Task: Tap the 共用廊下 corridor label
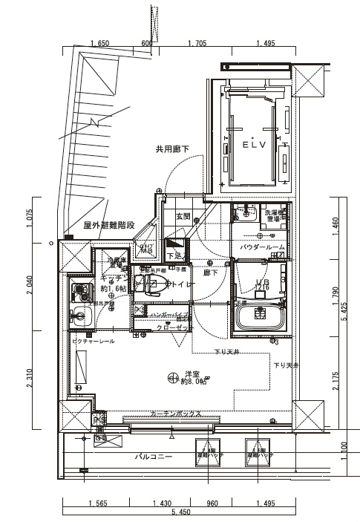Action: click(171, 149)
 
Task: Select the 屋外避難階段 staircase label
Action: click(108, 225)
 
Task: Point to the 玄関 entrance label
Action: click(183, 216)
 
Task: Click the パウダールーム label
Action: click(262, 247)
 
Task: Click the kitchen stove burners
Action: click(77, 290)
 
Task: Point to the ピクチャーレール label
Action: click(93, 341)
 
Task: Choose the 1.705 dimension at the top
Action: click(197, 44)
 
